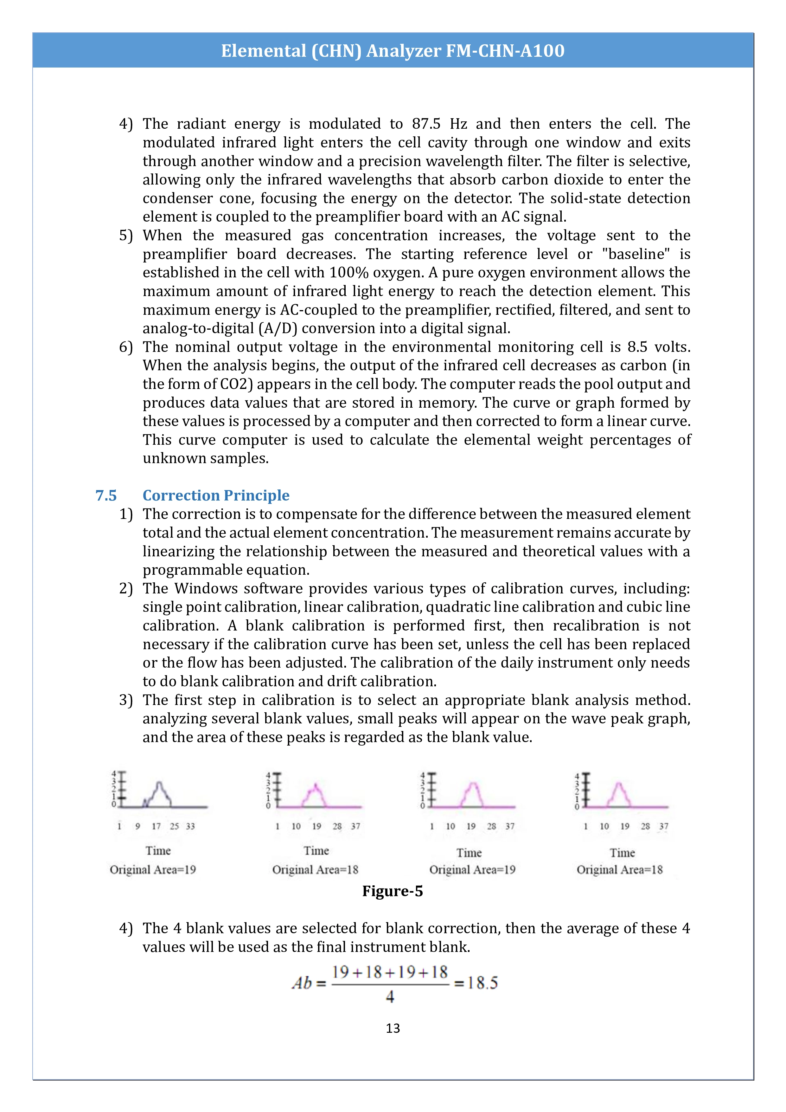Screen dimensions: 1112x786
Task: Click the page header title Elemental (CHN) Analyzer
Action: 393,51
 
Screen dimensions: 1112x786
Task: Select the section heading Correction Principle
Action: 216,495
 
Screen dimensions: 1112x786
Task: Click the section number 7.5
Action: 106,495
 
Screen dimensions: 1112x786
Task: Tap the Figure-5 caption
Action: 393,891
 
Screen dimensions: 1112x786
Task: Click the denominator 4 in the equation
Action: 390,997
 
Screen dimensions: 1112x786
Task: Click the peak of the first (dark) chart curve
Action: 159,783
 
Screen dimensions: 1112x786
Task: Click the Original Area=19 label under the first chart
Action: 153,870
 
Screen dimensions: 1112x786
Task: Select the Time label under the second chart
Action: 316,851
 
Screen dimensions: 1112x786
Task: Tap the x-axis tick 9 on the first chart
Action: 138,826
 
